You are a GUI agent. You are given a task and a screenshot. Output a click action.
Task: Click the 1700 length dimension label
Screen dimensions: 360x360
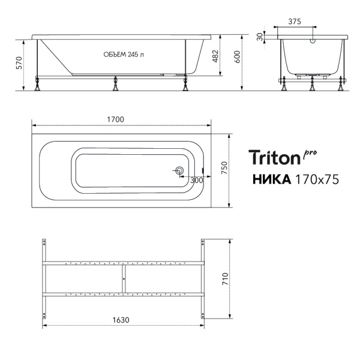point(115,119)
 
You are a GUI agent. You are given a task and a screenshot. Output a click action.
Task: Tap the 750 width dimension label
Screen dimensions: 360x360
point(224,167)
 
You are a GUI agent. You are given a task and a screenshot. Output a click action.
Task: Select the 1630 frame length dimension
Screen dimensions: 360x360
point(121,320)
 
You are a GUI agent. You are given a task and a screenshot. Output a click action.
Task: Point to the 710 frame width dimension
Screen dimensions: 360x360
point(226,279)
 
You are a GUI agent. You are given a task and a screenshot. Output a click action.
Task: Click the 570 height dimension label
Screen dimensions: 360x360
point(19,63)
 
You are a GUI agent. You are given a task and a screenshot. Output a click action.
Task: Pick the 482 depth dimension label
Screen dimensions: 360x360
point(215,56)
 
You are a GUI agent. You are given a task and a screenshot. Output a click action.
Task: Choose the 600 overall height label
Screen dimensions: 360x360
point(237,57)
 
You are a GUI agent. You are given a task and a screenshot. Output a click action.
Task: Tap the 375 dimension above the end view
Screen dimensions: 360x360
point(295,22)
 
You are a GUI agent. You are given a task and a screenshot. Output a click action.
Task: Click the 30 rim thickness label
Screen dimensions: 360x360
point(260,37)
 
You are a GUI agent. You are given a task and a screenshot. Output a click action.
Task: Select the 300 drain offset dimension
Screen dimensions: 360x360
point(197,181)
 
